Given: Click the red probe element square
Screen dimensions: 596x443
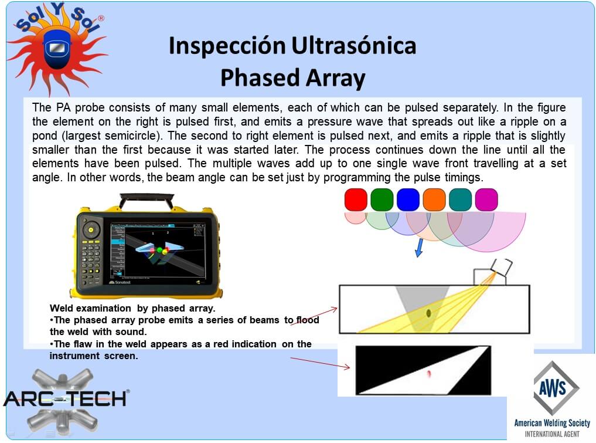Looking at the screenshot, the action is coord(356,199).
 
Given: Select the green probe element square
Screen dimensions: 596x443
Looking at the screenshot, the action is coord(382,199).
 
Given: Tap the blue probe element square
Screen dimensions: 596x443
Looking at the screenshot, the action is coord(408,199).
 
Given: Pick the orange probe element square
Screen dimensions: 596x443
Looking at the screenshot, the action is coord(434,199).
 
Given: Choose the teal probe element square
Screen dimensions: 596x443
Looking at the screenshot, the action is coord(460,199).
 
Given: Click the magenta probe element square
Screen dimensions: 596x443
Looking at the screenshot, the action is coord(486,199).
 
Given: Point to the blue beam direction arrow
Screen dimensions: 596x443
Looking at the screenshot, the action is coord(419,248).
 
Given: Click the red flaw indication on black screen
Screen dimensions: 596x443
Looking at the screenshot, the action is coord(429,374).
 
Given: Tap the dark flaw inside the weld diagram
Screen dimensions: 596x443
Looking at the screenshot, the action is coord(429,313).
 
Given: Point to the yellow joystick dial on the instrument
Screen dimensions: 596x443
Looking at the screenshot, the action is coord(91,229).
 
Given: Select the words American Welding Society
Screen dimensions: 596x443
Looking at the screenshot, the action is coord(552,423).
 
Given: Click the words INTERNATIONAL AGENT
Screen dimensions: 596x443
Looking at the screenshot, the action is coord(552,434).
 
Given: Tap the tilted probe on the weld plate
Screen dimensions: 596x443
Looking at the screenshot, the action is coord(501,267).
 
